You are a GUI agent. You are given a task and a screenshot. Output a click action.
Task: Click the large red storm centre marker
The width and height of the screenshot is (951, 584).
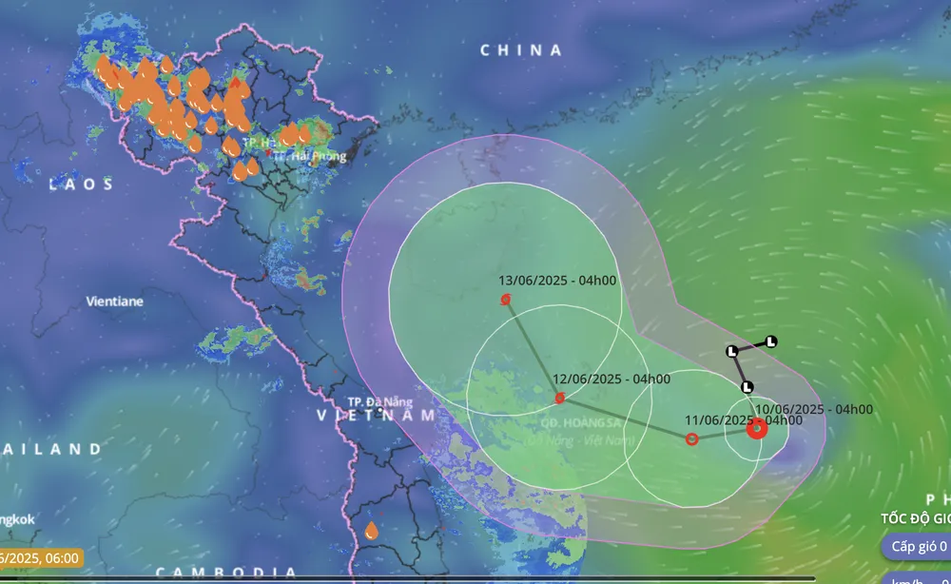coord(757,428)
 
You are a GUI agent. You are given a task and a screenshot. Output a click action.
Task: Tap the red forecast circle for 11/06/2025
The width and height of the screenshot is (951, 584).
coord(692,438)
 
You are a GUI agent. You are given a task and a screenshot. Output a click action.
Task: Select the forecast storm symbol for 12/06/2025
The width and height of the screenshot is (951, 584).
coord(560,398)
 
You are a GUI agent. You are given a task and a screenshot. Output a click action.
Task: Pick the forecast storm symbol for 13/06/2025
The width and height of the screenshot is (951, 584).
coord(506,300)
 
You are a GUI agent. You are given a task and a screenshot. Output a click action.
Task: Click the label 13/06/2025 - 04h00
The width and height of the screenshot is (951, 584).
coord(557,281)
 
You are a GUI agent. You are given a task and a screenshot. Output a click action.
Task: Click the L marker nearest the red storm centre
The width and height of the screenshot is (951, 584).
coord(747,387)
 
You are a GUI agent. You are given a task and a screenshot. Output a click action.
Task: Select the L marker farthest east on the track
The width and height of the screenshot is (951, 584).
coord(771,341)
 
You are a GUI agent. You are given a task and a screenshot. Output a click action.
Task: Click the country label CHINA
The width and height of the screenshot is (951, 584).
coord(521,49)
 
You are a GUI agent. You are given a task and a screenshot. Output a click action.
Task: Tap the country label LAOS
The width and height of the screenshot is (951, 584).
coord(83,184)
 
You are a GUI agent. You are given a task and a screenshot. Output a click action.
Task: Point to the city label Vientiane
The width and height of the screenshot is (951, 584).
coord(114,301)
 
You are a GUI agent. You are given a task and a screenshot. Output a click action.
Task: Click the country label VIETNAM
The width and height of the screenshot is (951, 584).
coord(376,416)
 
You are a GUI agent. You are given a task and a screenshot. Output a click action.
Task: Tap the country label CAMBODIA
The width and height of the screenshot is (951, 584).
coord(226,572)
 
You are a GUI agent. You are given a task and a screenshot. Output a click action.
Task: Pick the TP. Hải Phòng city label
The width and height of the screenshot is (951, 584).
coord(302,155)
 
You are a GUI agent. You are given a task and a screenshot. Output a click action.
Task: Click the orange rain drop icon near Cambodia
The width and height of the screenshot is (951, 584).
coord(371,530)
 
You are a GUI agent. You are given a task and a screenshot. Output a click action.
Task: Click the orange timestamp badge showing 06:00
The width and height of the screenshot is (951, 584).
coord(42,558)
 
